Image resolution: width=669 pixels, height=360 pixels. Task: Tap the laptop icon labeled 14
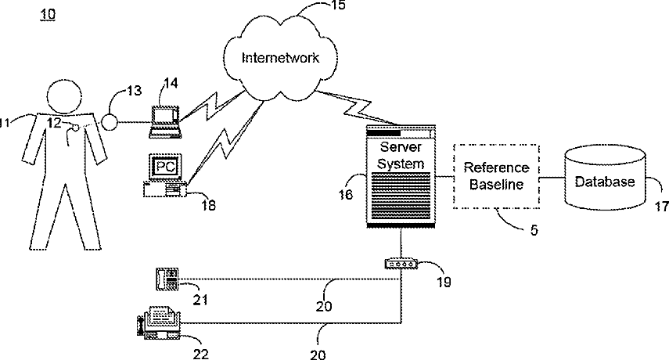(x=166, y=116)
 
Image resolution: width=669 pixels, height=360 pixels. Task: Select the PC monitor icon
(x=163, y=167)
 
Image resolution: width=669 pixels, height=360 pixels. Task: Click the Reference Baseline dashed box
(x=496, y=178)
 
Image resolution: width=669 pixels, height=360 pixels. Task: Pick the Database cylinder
(x=605, y=181)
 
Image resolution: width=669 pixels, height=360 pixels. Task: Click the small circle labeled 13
(x=107, y=122)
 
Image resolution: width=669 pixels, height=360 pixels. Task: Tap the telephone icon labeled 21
(x=167, y=278)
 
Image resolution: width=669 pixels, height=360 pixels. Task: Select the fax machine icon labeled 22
(x=159, y=322)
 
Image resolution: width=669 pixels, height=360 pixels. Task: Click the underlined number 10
(x=49, y=15)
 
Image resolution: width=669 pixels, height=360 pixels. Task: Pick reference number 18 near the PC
(x=207, y=205)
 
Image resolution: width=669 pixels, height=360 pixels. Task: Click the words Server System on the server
(x=401, y=156)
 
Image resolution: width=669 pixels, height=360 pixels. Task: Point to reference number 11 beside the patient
(x=5, y=122)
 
